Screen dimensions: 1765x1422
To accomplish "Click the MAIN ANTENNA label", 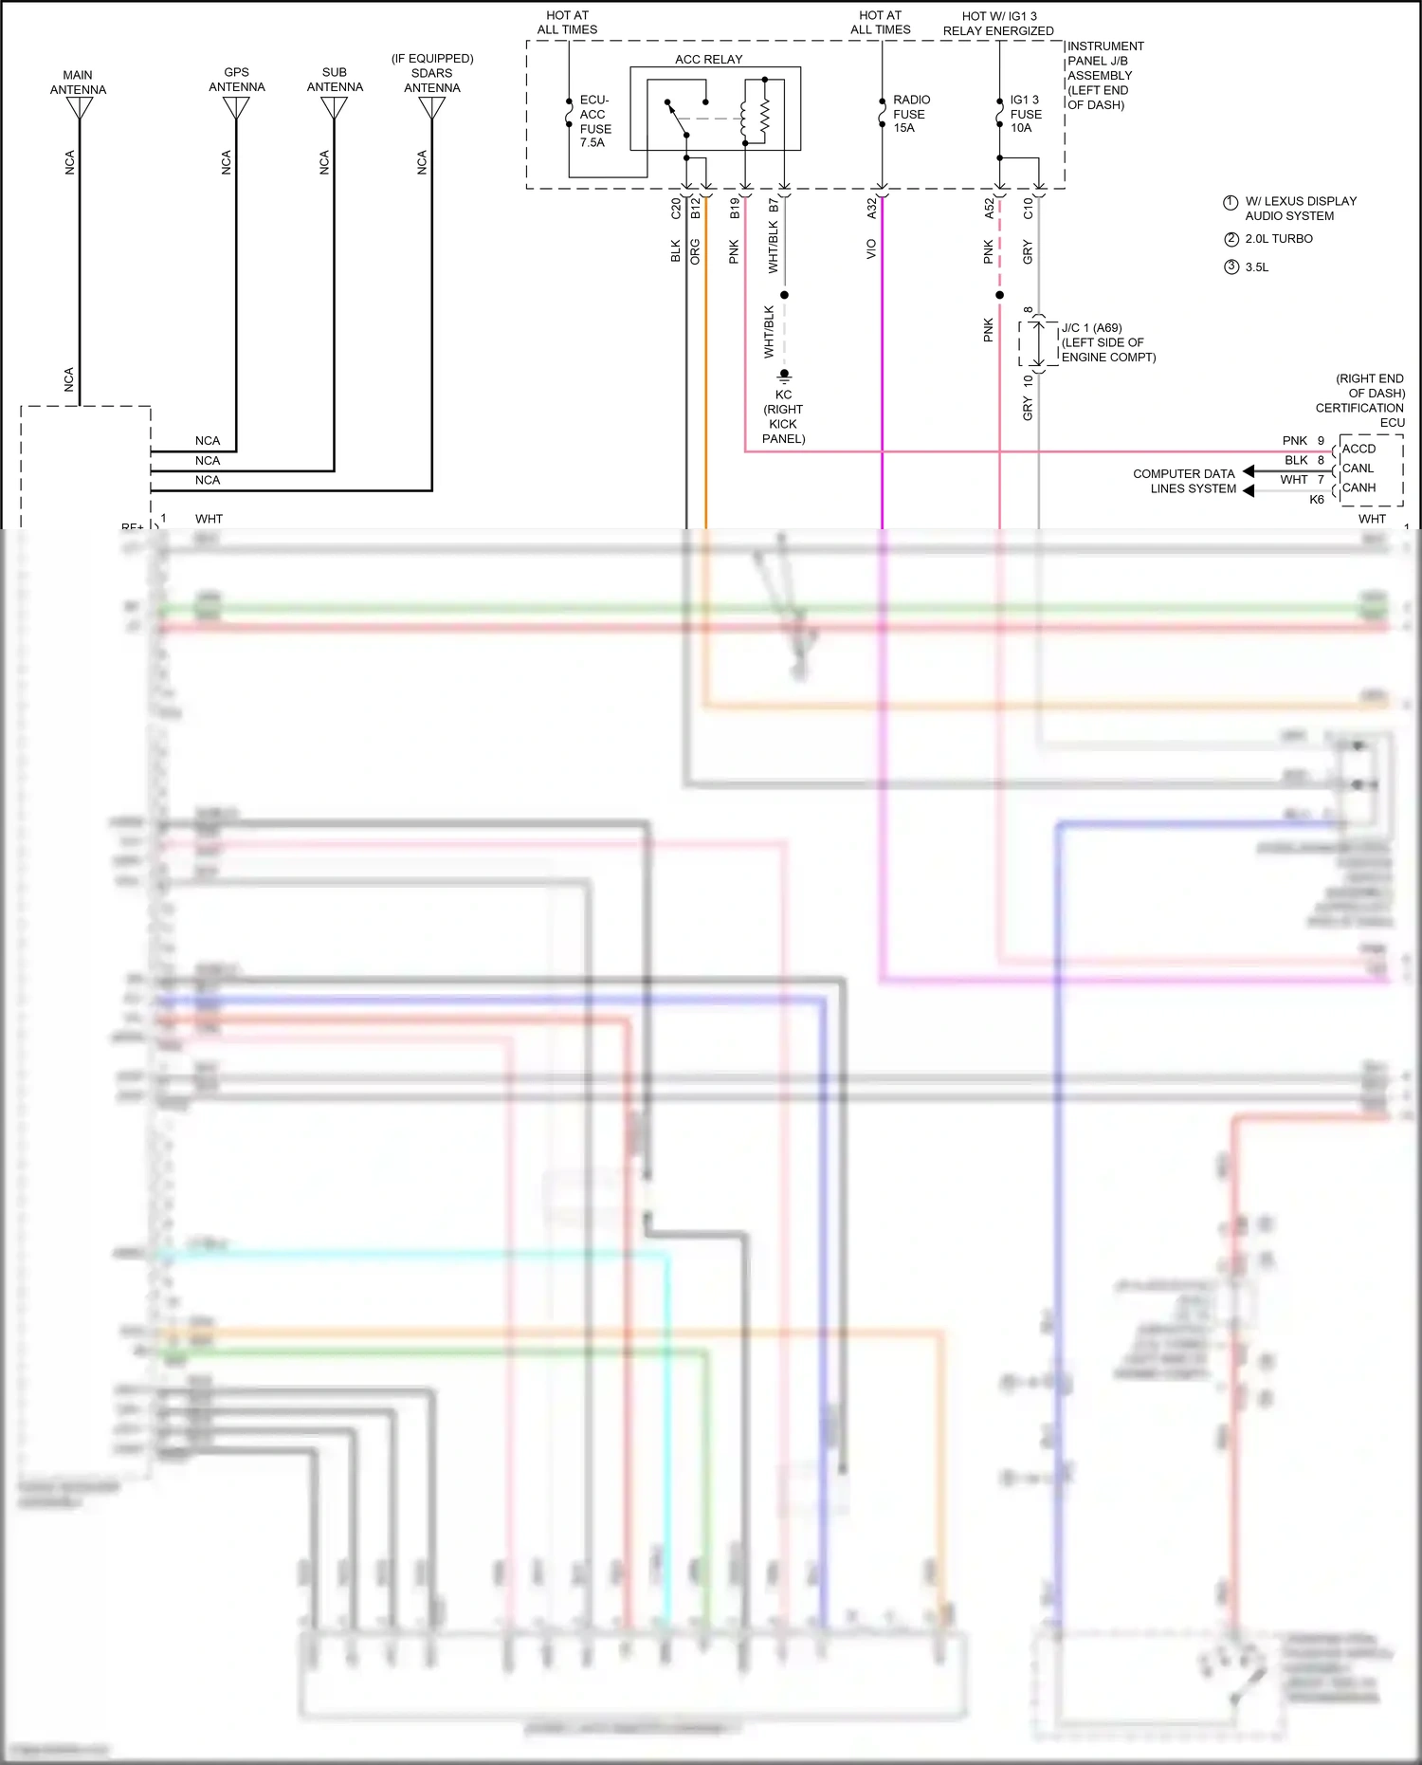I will point(78,83).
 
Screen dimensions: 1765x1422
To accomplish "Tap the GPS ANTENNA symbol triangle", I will point(236,108).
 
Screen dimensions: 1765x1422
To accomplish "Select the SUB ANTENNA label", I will point(335,80).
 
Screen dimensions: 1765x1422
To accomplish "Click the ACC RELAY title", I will point(708,59).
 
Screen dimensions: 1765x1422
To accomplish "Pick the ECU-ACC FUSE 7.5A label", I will point(595,121).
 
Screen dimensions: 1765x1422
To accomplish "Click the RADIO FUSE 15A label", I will point(910,114).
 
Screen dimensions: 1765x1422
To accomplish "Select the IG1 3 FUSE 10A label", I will point(1025,114).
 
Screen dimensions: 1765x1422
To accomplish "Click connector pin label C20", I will point(676,209).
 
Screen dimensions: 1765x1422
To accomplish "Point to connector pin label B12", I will point(696,209).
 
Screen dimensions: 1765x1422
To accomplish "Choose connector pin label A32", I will point(872,209).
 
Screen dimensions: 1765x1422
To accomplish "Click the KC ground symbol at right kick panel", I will point(784,377).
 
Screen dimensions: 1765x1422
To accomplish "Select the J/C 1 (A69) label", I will point(1091,328).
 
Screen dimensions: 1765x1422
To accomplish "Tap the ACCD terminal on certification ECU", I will point(1358,449).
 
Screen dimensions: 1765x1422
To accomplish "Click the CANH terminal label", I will point(1358,487).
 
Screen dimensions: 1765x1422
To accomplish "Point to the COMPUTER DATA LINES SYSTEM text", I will point(1185,481).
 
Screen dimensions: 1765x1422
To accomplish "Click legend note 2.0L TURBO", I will point(1278,239).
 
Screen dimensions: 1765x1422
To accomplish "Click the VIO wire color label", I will point(871,249).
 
